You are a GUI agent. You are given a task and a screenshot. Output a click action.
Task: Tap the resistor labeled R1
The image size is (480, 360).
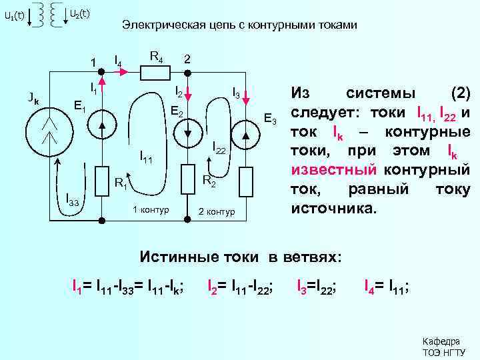point(101,179)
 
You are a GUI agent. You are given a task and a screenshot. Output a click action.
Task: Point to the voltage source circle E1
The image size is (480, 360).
point(101,125)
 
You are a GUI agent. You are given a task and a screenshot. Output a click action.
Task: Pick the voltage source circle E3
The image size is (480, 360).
point(245,133)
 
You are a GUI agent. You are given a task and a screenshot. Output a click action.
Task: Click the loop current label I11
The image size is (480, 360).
point(146,158)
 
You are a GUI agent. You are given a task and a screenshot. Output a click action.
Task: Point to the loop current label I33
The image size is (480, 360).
point(73,199)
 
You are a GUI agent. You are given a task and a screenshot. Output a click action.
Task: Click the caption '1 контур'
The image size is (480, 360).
point(151,211)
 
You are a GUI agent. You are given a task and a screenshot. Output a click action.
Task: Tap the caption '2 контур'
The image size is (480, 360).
point(217,212)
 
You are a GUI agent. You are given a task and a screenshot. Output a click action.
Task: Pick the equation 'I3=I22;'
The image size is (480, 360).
point(316,287)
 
